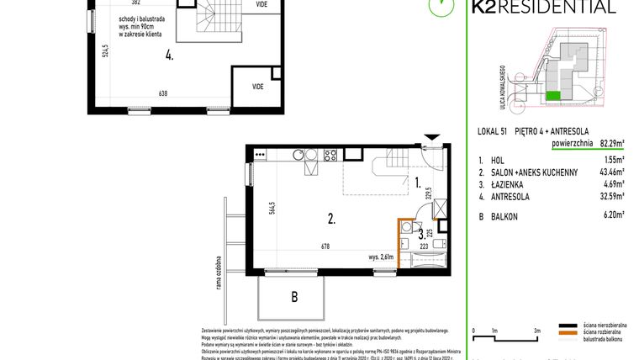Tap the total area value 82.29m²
tap(610, 144)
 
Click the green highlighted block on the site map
tap(552, 96)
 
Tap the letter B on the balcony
tap(293, 296)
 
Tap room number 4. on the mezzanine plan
tap(170, 56)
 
